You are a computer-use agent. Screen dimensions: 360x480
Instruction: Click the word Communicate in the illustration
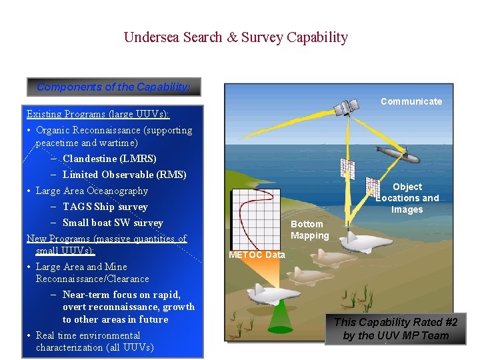pyautogui.click(x=411, y=101)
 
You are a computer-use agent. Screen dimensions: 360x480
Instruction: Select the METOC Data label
pyautogui.click(x=256, y=255)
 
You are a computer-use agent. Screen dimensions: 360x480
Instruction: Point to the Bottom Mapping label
pyautogui.click(x=309, y=229)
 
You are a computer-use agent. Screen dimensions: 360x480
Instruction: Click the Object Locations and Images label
pyautogui.click(x=407, y=198)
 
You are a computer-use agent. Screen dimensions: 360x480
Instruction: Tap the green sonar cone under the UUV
pyautogui.click(x=280, y=317)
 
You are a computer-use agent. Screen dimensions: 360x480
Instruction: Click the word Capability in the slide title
pyautogui.click(x=317, y=37)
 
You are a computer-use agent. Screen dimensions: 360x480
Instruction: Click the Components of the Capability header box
pyautogui.click(x=113, y=87)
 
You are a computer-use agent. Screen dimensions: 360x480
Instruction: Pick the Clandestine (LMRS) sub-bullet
pyautogui.click(x=109, y=159)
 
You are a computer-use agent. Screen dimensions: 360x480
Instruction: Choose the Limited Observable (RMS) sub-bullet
pyautogui.click(x=124, y=175)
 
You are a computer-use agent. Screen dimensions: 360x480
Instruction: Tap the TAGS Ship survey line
pyautogui.click(x=105, y=207)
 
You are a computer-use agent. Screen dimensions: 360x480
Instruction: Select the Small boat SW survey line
pyautogui.click(x=112, y=223)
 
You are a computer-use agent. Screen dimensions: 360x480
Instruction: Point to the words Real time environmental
pyautogui.click(x=88, y=335)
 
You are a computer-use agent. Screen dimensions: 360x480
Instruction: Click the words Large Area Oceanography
pyautogui.click(x=91, y=191)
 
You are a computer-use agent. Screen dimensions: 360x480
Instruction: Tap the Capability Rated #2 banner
pyautogui.click(x=395, y=329)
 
